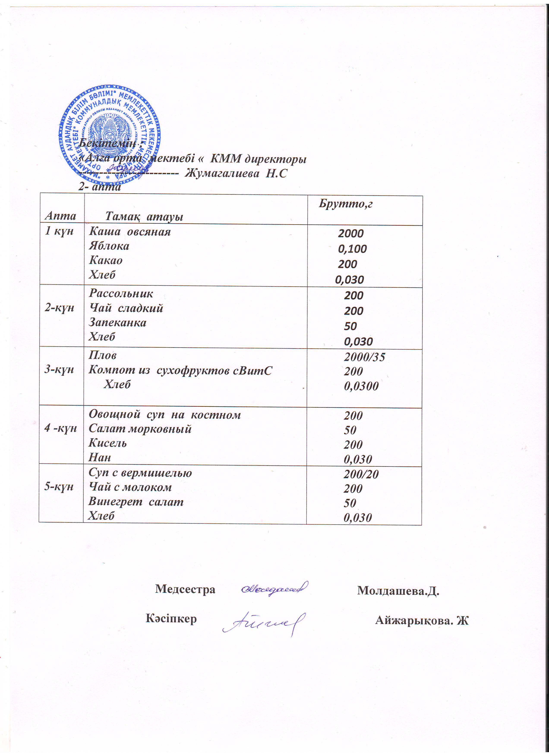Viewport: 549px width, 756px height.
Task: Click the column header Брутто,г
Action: (x=345, y=204)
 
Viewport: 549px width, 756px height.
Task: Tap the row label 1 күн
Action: (x=59, y=231)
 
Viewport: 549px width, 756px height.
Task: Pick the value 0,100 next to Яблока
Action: (x=352, y=249)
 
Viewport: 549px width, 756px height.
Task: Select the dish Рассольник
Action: (x=121, y=293)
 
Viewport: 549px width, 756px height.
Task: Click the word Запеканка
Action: (x=117, y=322)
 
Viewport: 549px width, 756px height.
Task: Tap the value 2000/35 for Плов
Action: (x=364, y=357)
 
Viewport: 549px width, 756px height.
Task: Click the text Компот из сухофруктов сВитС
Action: (x=180, y=370)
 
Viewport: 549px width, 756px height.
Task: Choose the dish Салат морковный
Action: (x=140, y=429)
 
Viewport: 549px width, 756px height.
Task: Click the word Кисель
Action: (x=107, y=443)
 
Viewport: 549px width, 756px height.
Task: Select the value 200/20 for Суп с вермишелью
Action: (x=361, y=474)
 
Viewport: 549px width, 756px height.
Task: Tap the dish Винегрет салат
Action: (x=136, y=502)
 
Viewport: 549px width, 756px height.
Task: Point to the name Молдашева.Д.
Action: (x=398, y=591)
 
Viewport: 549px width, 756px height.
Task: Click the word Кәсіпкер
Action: (x=171, y=619)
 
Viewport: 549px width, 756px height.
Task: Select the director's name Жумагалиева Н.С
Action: (x=236, y=173)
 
